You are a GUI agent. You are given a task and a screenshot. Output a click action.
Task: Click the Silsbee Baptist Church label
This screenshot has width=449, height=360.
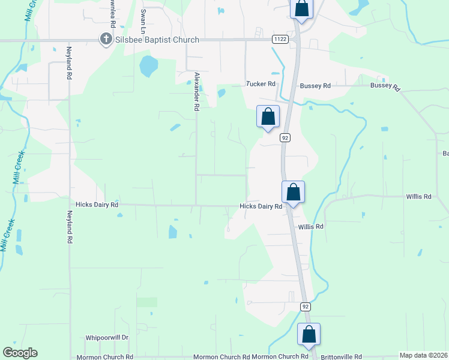(157, 40)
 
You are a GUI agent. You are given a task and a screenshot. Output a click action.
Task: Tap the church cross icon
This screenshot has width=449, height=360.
(106, 40)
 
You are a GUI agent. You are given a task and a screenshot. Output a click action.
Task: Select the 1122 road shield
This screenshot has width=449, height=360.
(279, 40)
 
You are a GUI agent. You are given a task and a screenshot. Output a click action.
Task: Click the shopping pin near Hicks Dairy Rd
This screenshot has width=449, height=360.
(293, 193)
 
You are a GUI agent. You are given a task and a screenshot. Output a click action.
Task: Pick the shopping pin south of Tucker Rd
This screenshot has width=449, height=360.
(268, 117)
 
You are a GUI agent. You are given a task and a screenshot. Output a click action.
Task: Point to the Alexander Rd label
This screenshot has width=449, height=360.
(196, 91)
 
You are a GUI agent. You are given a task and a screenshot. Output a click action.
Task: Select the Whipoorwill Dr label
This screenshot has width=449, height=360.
(107, 338)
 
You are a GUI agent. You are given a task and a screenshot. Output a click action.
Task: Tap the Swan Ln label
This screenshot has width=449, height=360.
(143, 21)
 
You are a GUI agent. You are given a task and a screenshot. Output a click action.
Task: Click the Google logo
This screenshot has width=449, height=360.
(20, 353)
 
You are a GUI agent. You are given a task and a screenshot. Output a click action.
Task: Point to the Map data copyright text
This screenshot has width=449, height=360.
(423, 355)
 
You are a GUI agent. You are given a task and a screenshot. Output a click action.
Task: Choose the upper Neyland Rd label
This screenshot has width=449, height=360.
(70, 63)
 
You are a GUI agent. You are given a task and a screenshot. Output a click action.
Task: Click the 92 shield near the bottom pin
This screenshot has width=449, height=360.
(306, 307)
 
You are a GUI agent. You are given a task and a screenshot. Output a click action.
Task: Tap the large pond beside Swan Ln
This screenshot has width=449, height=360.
(148, 66)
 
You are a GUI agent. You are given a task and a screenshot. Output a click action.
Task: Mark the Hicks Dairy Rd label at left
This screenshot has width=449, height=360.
(97, 205)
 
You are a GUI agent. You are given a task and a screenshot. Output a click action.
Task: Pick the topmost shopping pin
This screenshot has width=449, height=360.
(301, 10)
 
